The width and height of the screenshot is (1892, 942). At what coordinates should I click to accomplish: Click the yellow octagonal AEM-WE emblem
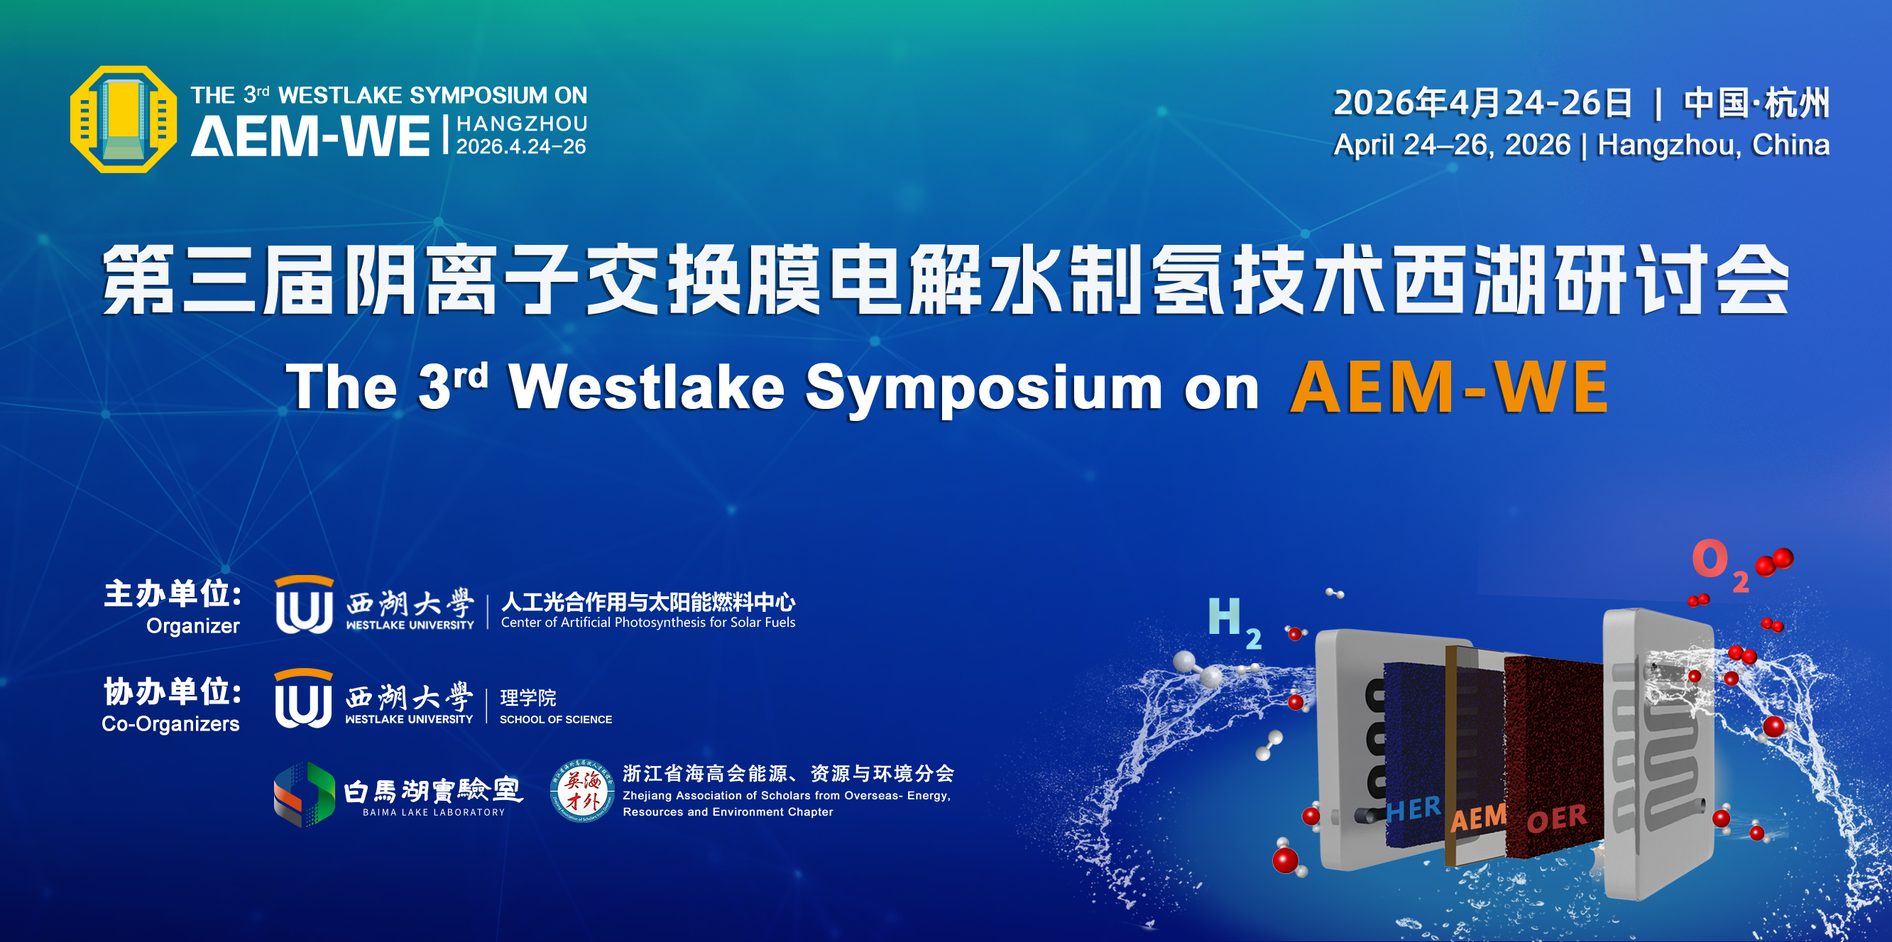(124, 119)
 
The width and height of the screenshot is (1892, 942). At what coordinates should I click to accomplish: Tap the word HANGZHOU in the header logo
(522, 124)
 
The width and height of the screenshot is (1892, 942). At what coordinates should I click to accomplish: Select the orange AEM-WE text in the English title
(1449, 387)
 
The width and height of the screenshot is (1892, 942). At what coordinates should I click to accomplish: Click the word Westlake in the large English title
(647, 387)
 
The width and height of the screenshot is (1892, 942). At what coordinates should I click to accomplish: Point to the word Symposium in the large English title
(984, 389)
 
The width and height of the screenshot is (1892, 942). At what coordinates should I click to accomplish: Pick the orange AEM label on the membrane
(1479, 817)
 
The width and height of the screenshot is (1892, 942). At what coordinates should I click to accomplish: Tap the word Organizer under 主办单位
(192, 626)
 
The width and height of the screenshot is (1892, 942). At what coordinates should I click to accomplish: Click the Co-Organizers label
(170, 724)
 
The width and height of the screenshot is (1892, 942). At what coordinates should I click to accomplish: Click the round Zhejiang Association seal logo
(581, 791)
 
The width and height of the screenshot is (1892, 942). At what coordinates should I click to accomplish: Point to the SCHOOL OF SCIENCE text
(555, 720)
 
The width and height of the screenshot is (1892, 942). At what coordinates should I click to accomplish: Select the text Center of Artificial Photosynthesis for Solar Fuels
(647, 622)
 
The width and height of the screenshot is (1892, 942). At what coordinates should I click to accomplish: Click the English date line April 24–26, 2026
(1452, 145)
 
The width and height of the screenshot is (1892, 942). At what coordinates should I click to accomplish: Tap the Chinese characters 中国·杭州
(1756, 103)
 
